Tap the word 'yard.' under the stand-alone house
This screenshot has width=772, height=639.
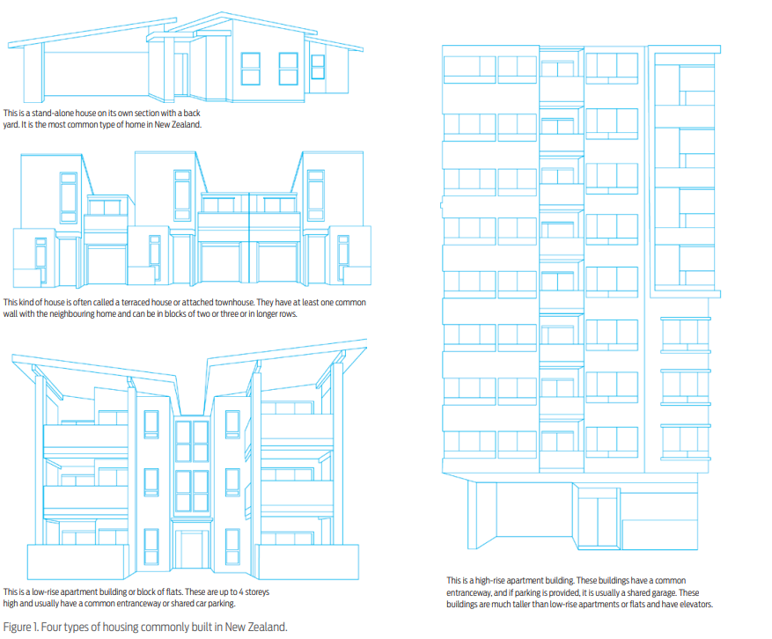(11, 125)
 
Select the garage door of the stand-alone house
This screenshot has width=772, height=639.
(96, 73)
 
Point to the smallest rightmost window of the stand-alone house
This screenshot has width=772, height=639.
(318, 67)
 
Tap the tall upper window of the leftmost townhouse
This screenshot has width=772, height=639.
(68, 197)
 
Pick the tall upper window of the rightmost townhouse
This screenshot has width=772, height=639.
(316, 195)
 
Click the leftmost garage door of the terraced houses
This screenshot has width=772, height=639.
(107, 264)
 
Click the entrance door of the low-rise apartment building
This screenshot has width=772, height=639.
(192, 550)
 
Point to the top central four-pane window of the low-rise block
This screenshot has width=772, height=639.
(192, 441)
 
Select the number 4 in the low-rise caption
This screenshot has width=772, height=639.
(241, 591)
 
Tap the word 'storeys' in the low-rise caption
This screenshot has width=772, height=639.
(258, 591)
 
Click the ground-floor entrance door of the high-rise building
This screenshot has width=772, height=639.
(598, 521)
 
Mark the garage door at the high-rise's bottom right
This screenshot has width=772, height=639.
(659, 534)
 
